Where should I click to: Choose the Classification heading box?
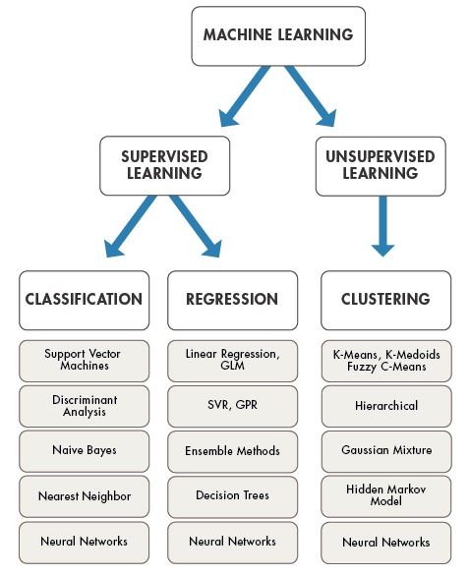(84, 300)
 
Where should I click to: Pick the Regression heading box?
(231, 300)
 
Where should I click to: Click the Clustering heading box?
(384, 300)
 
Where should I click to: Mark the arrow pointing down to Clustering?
(383, 230)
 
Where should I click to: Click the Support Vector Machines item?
(84, 359)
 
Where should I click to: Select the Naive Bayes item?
(84, 450)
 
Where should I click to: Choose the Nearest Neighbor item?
(84, 495)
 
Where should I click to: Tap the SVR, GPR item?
(231, 405)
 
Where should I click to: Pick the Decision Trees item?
(231, 495)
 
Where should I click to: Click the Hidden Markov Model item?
(384, 495)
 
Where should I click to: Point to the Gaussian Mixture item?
(384, 450)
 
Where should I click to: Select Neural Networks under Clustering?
(384, 542)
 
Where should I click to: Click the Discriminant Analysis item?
(84, 405)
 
